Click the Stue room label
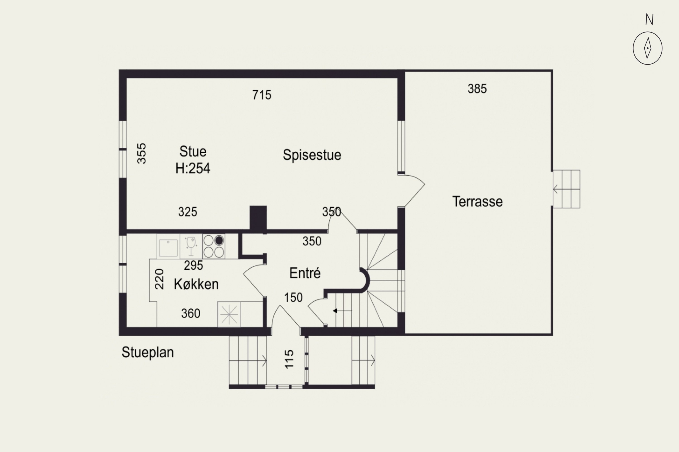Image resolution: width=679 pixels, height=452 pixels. [193, 151]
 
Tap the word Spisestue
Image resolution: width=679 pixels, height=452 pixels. [312, 155]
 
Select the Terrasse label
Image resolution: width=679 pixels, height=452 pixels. [477, 202]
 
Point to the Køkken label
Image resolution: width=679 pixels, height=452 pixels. [196, 284]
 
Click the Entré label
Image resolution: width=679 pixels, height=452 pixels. [305, 273]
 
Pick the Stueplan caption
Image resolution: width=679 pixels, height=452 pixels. [148, 353]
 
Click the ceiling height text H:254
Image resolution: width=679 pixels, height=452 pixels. [193, 168]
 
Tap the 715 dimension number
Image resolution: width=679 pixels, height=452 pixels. [262, 95]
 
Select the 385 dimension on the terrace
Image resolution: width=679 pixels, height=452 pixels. [477, 89]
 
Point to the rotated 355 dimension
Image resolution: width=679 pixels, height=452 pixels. [141, 154]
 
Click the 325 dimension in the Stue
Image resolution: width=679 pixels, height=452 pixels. [188, 212]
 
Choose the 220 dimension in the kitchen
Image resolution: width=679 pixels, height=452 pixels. [159, 279]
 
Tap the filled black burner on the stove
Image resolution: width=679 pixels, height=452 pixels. [219, 240]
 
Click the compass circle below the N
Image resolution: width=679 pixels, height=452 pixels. [648, 48]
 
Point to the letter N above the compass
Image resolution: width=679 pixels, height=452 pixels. [649, 20]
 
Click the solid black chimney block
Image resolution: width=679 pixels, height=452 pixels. [258, 219]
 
